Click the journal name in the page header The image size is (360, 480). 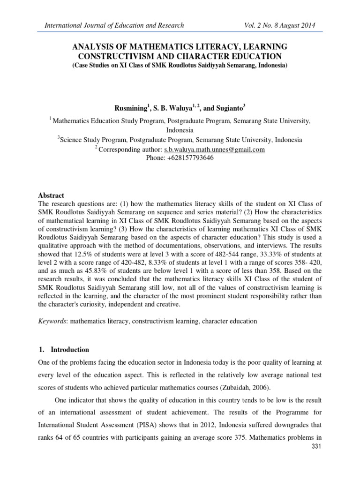pyautogui.click(x=114, y=25)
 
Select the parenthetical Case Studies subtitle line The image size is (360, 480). pyautogui.click(x=180, y=66)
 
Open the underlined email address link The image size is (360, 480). pyautogui.click(x=214, y=150)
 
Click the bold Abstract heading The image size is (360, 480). pyautogui.click(x=52, y=195)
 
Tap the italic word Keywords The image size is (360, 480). pyautogui.click(x=52, y=322)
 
